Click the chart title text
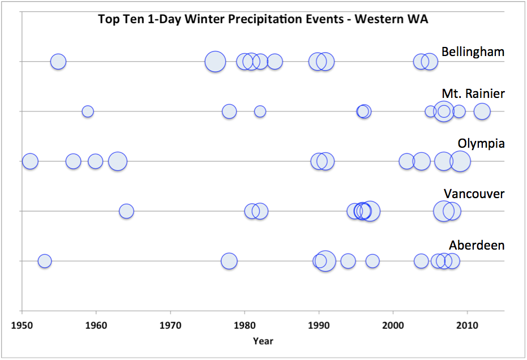click(x=263, y=19)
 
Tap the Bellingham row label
click(x=473, y=52)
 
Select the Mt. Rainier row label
click(x=473, y=93)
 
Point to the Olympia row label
click(x=481, y=143)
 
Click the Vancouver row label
click(x=474, y=194)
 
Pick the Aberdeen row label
click(x=477, y=245)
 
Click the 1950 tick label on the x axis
click(x=22, y=326)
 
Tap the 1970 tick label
click(x=170, y=326)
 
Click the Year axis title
click(x=263, y=341)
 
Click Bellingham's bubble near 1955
click(x=58, y=62)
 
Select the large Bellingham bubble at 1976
click(x=215, y=62)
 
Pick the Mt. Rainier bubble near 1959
click(x=88, y=112)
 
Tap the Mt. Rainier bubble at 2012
click(x=482, y=112)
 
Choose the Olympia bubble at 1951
click(x=30, y=161)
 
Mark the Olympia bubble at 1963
click(x=117, y=161)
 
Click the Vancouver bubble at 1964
click(x=126, y=211)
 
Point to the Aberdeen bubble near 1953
click(x=45, y=261)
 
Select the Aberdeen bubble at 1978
click(x=229, y=261)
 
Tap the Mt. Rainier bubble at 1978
click(x=229, y=112)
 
